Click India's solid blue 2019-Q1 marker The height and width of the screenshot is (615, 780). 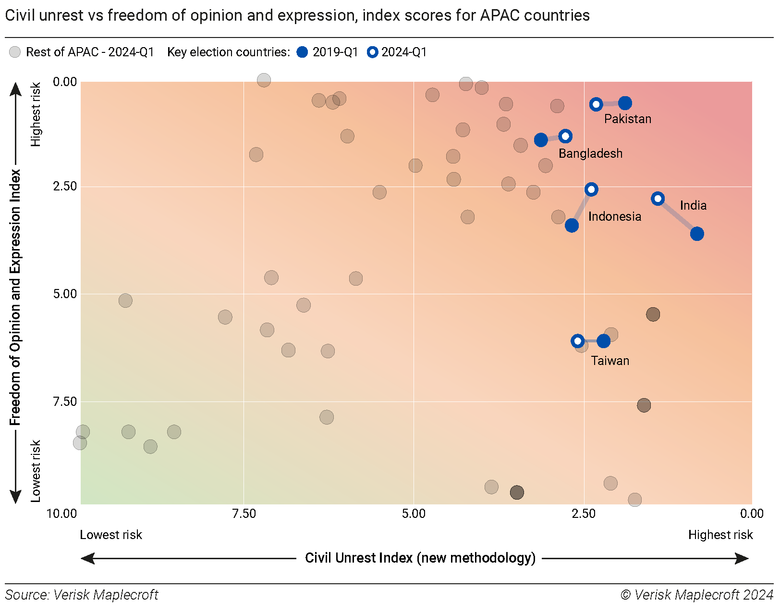pyautogui.click(x=697, y=234)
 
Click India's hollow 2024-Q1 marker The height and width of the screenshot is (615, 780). pyautogui.click(x=658, y=199)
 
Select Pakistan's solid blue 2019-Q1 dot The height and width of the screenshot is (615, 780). pyautogui.click(x=625, y=103)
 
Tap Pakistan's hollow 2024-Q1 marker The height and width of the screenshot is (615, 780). pyautogui.click(x=596, y=104)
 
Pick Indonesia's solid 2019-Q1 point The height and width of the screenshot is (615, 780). pyautogui.click(x=572, y=225)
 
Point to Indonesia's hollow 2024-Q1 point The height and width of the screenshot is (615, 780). pyautogui.click(x=591, y=189)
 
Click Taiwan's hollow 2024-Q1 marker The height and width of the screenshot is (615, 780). pyautogui.click(x=578, y=341)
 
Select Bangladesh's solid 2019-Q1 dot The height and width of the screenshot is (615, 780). pyautogui.click(x=541, y=140)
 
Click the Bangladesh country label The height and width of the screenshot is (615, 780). pyautogui.click(x=590, y=153)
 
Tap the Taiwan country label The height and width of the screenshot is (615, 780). pyautogui.click(x=609, y=361)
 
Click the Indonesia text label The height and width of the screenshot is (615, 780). pyautogui.click(x=614, y=216)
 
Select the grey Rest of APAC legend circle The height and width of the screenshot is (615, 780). pyautogui.click(x=15, y=52)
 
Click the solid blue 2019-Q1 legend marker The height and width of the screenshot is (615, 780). pyautogui.click(x=302, y=52)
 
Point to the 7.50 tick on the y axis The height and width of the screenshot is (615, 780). pyautogui.click(x=65, y=402)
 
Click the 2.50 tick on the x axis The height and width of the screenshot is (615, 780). pyautogui.click(x=584, y=514)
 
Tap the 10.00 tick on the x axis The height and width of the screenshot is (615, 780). pyautogui.click(x=61, y=514)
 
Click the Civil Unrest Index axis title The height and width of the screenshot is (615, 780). pyautogui.click(x=420, y=558)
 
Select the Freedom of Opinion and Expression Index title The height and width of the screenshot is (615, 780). pyautogui.click(x=15, y=297)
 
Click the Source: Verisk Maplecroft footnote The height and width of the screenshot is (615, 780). pyautogui.click(x=82, y=595)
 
